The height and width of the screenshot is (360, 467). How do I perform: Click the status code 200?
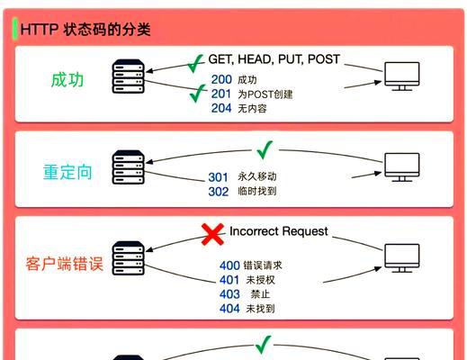click(x=221, y=79)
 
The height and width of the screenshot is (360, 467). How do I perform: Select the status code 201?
click(x=221, y=94)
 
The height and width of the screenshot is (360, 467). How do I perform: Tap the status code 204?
click(x=221, y=108)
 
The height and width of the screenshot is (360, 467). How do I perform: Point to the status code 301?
click(x=218, y=177)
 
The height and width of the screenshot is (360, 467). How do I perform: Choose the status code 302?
click(x=219, y=192)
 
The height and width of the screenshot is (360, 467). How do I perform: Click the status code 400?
click(x=229, y=265)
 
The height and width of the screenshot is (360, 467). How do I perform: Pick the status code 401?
click(x=229, y=280)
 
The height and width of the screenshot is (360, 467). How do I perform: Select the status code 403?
click(x=229, y=294)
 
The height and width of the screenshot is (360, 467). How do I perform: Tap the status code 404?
click(x=229, y=309)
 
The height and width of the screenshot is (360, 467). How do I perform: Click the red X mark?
click(x=212, y=234)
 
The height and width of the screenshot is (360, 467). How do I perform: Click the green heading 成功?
click(x=67, y=80)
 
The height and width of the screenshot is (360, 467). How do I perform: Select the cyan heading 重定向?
click(x=67, y=172)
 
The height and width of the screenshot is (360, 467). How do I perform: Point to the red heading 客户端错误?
click(x=65, y=264)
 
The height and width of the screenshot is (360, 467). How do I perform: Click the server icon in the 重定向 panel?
click(x=129, y=167)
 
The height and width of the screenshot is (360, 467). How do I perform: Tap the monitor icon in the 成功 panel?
click(x=402, y=76)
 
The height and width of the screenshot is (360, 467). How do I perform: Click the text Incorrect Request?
click(x=279, y=231)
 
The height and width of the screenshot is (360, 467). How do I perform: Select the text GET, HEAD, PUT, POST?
click(x=274, y=59)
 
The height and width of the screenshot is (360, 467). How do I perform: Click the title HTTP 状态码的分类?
click(x=85, y=30)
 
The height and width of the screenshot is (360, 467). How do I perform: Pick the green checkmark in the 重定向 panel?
click(x=265, y=149)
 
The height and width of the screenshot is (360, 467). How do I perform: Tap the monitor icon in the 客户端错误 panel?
click(x=402, y=258)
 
